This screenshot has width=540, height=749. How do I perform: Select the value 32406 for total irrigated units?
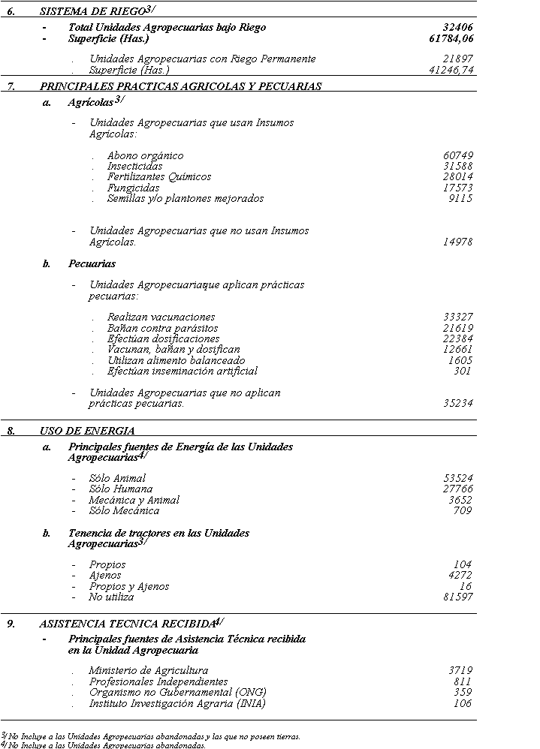458,27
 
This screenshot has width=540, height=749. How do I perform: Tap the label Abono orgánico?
145,155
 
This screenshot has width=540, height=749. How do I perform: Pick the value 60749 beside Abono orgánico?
458,155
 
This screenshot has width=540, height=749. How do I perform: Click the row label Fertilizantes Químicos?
159,177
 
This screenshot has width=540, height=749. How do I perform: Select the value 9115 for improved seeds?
460,199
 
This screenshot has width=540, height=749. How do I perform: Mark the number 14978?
458,242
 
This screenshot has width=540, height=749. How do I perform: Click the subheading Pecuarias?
92,263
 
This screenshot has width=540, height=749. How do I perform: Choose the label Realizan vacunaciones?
161,317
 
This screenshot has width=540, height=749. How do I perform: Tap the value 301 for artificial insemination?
463,371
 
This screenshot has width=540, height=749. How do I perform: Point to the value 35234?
458,403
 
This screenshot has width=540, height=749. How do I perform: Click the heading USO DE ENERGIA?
87,431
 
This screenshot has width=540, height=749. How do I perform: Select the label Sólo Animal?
117,478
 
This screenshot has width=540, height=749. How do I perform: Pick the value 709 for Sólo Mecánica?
463,511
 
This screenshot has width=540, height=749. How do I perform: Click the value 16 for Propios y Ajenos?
466,586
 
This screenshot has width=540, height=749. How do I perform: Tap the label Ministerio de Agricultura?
149,670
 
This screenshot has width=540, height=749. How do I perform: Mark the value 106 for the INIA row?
463,703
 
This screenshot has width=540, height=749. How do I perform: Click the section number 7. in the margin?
12,86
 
